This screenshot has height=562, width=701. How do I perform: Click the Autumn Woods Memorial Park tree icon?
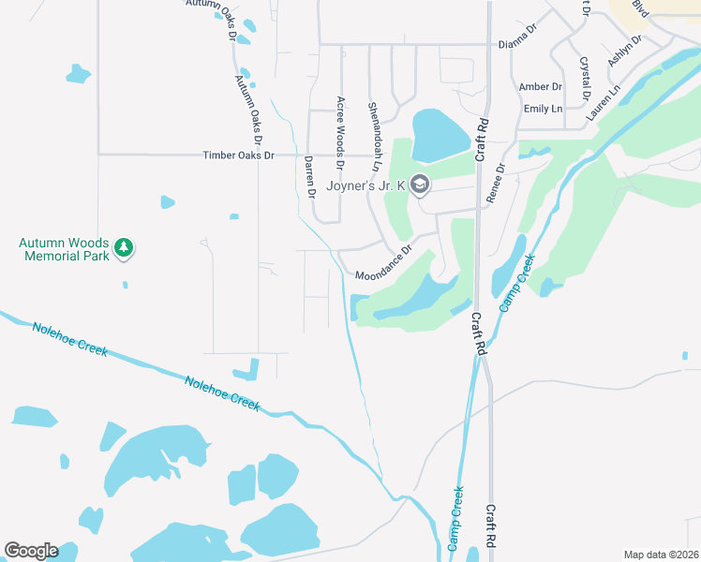pyautogui.click(x=123, y=247)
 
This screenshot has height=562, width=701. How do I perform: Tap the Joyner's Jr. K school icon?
pyautogui.click(x=419, y=185)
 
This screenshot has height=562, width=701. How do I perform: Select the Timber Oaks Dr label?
pyautogui.click(x=239, y=155)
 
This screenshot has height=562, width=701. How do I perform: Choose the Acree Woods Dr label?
pyautogui.click(x=341, y=132)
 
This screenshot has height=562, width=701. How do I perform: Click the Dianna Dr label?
pyautogui.click(x=517, y=43)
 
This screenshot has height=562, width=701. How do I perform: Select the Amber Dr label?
pyautogui.click(x=541, y=87)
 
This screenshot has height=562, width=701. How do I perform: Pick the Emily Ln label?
pyautogui.click(x=543, y=109)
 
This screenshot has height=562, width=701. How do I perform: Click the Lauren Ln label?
pyautogui.click(x=604, y=104)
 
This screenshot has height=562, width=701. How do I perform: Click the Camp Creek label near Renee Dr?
pyautogui.click(x=515, y=283)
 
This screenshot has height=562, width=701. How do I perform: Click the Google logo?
pyautogui.click(x=31, y=551)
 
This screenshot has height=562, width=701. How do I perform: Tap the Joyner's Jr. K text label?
pyautogui.click(x=365, y=185)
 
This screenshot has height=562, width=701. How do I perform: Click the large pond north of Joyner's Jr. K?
pyautogui.click(x=440, y=135)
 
